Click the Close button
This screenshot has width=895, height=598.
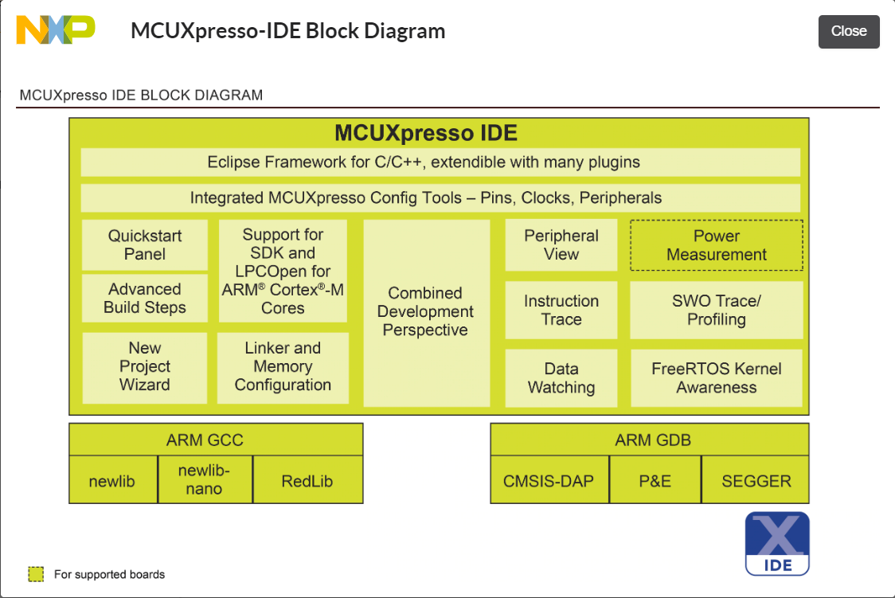pos(849,31)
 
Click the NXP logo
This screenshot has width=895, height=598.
pos(56,30)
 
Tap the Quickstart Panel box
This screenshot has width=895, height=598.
pos(145,245)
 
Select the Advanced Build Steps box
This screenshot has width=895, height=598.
pos(145,299)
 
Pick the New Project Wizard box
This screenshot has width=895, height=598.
pos(145,366)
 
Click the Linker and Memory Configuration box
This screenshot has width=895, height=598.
pos(283,366)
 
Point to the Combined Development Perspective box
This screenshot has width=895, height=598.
pos(426,312)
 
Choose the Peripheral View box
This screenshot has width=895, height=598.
pos(561,245)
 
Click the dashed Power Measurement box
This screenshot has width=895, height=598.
pos(717,245)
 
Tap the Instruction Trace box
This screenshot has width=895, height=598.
pos(561,311)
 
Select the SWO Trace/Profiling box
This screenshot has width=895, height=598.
pos(717,311)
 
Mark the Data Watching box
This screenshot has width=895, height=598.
pos(561,378)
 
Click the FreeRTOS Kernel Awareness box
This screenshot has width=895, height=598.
pos(717,378)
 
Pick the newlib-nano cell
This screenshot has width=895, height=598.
pos(205,479)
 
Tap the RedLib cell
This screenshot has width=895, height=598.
pos(307,481)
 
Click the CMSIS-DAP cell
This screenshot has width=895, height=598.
pos(549,481)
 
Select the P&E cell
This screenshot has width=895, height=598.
pos(655,481)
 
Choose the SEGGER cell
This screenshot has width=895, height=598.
pos(756,481)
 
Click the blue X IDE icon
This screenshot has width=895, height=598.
pos(777,543)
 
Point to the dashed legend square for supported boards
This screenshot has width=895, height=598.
pos(36,574)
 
